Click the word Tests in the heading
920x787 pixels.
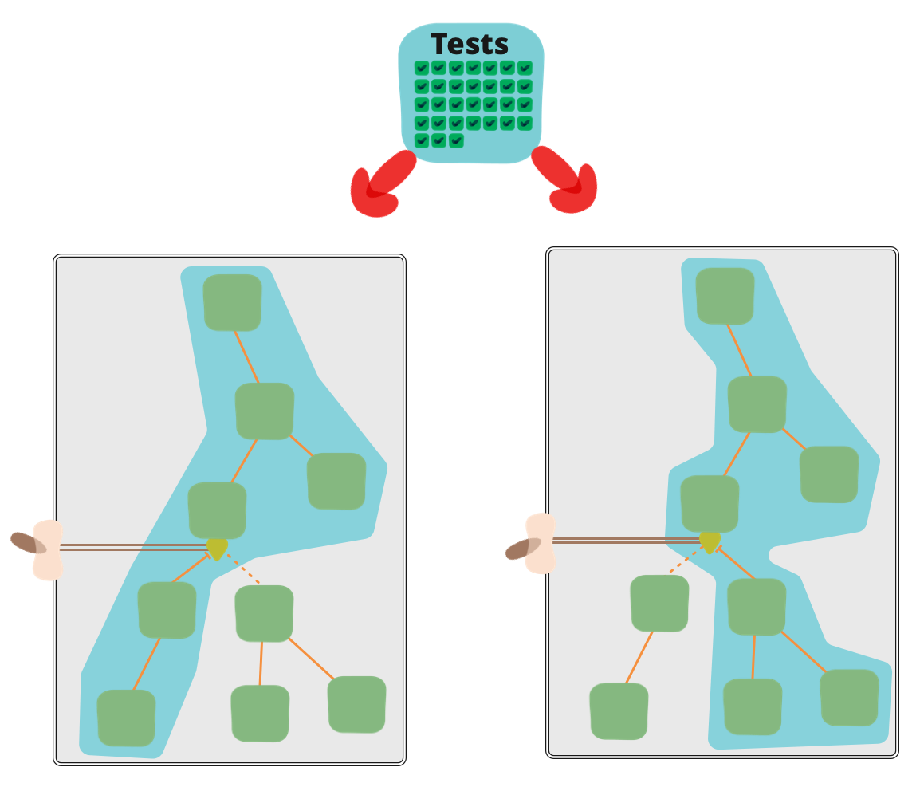(470, 45)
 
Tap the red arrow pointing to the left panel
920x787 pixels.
(379, 188)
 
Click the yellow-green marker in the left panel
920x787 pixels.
(217, 547)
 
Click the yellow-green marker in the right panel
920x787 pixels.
(710, 541)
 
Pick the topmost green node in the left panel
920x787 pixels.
(233, 302)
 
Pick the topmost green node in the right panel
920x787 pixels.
(725, 296)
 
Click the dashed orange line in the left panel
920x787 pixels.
(242, 569)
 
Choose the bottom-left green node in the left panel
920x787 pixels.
(126, 718)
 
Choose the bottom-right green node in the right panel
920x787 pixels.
(850, 698)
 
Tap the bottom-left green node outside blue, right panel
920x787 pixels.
(619, 710)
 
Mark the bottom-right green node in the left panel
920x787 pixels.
(356, 704)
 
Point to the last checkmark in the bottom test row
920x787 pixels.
(456, 141)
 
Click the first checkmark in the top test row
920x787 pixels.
(422, 68)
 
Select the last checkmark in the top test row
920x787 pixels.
(525, 68)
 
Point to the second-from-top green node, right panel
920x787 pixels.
(757, 404)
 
